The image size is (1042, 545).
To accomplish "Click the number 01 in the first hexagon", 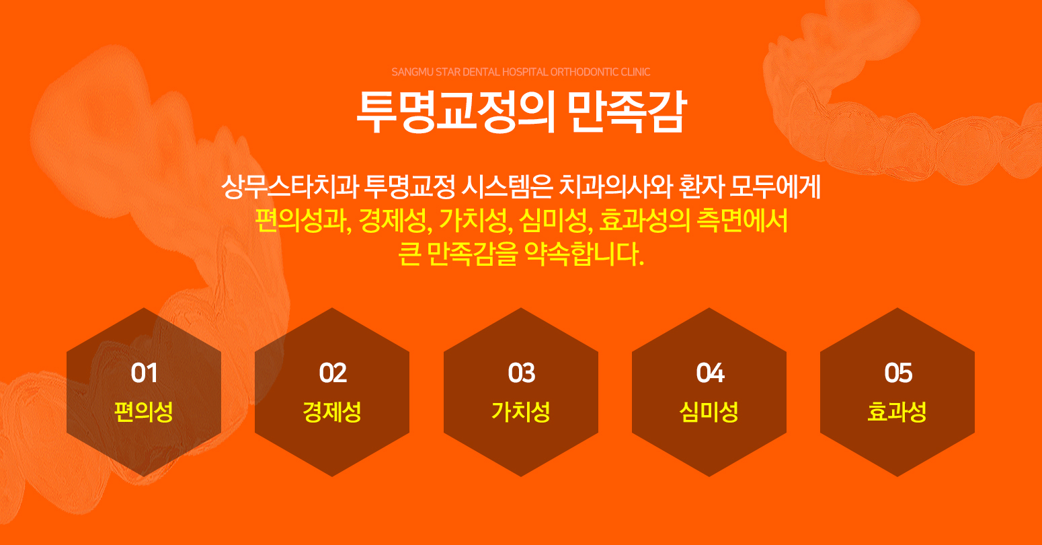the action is click(144, 373).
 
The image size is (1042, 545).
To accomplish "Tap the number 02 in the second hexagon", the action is click(333, 373).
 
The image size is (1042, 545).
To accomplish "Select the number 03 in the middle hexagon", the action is click(522, 373).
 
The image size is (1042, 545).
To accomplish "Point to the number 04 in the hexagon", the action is click(710, 373).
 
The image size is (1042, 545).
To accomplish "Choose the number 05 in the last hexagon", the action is click(897, 373).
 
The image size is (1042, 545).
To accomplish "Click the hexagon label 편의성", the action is click(144, 411).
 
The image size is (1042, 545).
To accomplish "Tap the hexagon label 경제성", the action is click(332, 411).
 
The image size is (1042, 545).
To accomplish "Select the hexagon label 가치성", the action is click(521, 411).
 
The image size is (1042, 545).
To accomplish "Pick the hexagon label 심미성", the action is click(709, 411).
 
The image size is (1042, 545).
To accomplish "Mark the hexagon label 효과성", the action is click(897, 411).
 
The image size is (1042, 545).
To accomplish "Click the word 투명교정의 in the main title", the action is click(456, 112).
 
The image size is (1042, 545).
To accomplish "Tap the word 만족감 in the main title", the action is click(627, 112).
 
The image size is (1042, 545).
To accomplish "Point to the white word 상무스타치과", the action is click(290, 186).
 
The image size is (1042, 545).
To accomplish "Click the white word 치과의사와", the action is click(616, 186).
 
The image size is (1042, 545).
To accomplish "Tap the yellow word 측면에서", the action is click(742, 221).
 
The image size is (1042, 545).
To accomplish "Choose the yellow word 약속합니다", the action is click(584, 254).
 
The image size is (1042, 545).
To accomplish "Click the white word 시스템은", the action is click(507, 186).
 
